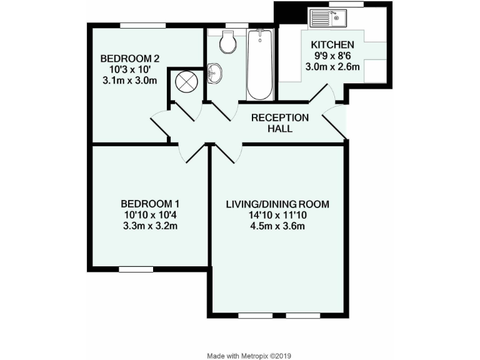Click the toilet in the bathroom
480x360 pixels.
click(x=227, y=42)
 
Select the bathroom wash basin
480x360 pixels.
click(x=214, y=73)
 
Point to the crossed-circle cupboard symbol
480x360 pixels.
click(x=186, y=81)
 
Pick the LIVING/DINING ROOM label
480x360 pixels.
click(x=277, y=204)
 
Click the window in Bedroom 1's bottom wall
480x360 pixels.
click(x=136, y=269)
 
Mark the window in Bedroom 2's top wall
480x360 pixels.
click(x=143, y=25)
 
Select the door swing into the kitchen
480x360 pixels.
click(x=324, y=94)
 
